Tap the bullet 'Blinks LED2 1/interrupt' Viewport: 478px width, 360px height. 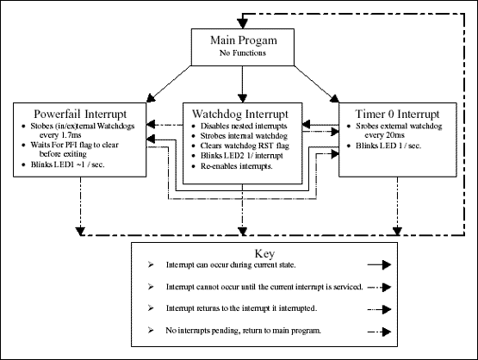(x=243, y=157)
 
